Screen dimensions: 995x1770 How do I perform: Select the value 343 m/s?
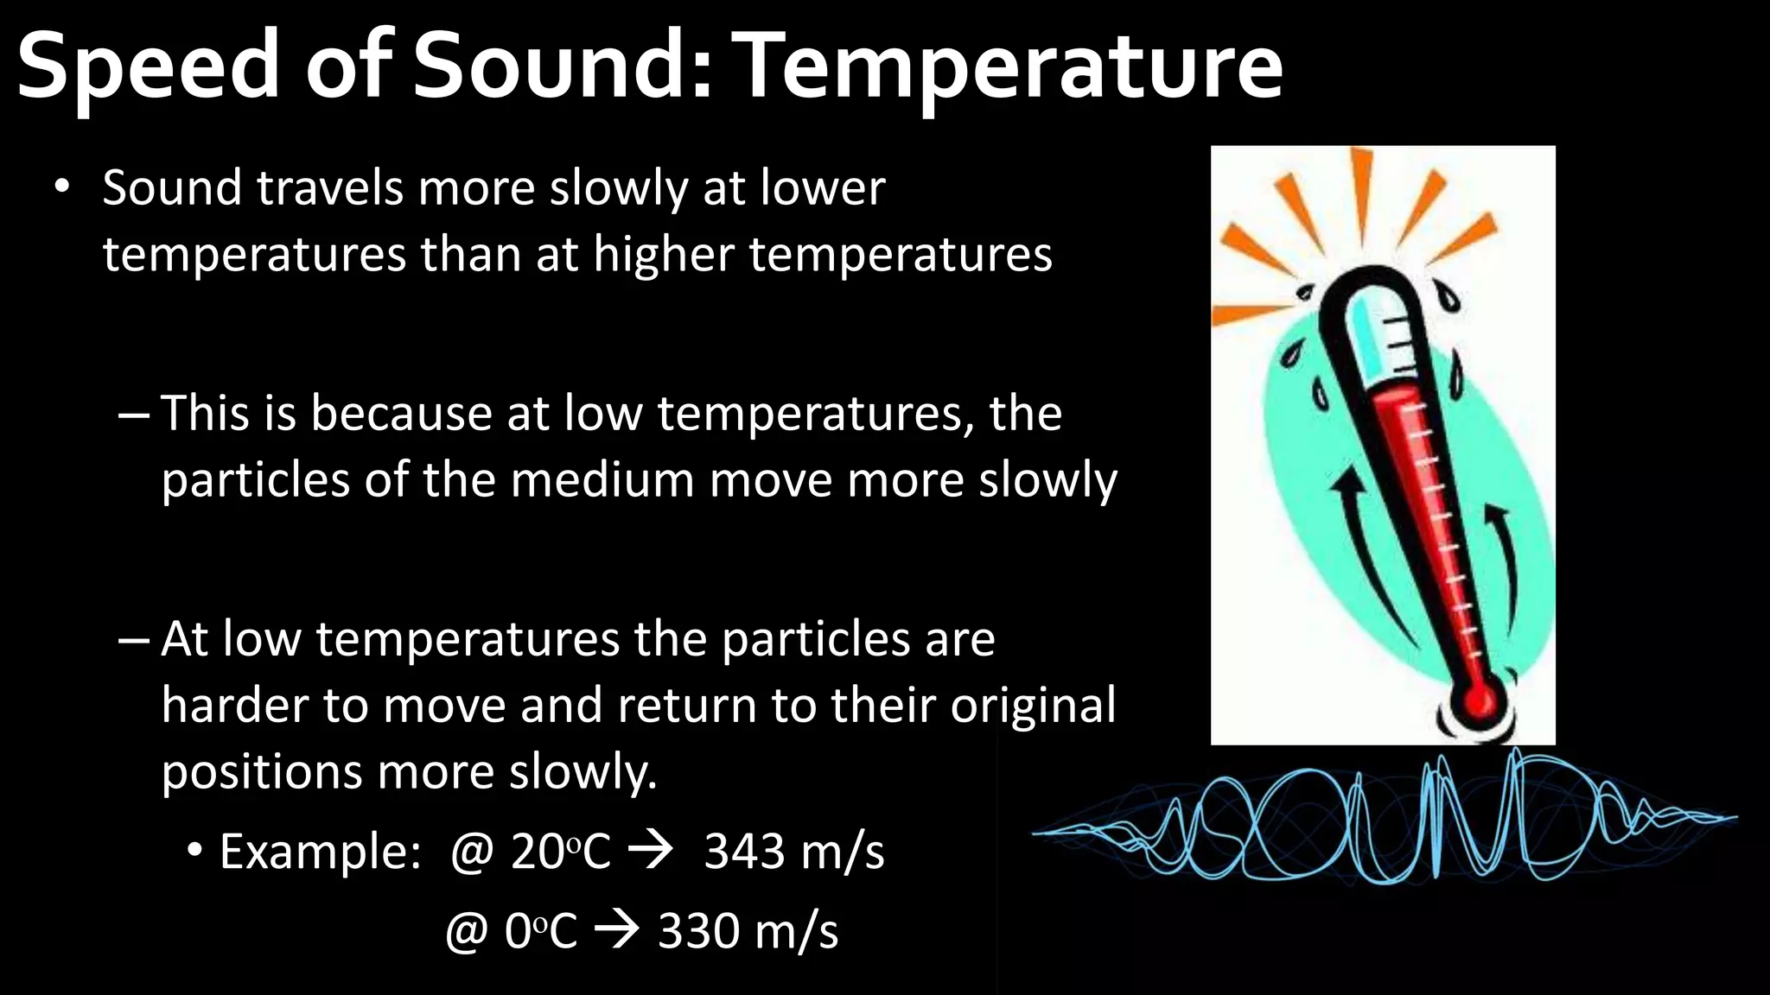[793, 852]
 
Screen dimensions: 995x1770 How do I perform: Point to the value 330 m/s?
[748, 932]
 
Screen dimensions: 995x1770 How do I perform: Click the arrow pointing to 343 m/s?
[650, 852]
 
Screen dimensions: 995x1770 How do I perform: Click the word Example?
[320, 852]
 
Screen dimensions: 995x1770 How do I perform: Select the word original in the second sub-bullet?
[1033, 706]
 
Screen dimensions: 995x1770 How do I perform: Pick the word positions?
[261, 771]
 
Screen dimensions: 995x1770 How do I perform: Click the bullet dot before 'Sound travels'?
[60, 187]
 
